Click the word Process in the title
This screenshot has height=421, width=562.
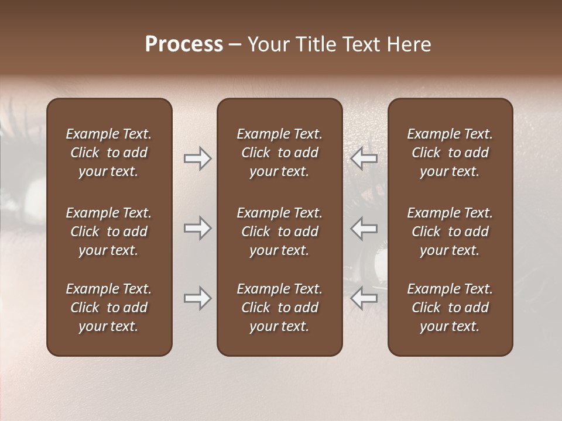coord(184,44)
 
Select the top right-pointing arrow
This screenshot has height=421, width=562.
coord(197,158)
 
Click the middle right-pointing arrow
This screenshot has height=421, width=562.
coord(197,228)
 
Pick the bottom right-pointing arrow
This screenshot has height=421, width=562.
coord(197,298)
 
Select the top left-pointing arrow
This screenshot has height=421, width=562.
coord(364,158)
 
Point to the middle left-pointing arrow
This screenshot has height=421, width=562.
coord(364,228)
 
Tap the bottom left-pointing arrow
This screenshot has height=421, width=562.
coord(364,298)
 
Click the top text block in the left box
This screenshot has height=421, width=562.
coord(109,153)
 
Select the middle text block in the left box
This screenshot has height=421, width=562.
coord(109,232)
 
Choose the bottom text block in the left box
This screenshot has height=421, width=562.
coord(109,308)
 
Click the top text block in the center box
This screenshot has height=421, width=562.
coord(280,153)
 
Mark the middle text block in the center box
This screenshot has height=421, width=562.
coord(280,232)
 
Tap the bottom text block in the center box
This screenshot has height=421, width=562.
coord(280,308)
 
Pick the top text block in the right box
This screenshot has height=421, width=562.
coord(450,153)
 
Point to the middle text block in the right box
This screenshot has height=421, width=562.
coord(450,232)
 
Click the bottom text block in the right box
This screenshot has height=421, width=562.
coord(450,308)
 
